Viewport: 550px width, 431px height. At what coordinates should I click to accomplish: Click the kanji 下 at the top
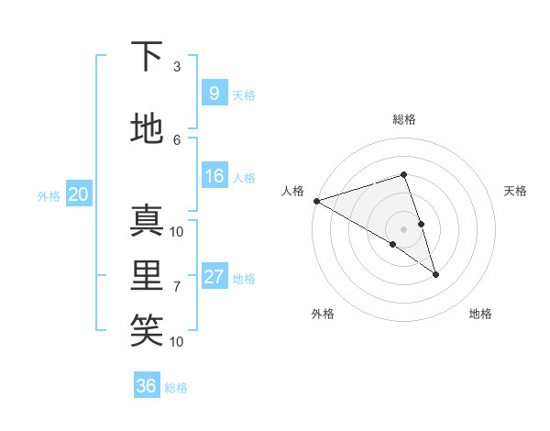[147, 57]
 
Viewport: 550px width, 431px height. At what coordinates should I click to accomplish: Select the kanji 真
[147, 220]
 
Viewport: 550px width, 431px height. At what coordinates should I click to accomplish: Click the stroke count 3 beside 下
[177, 67]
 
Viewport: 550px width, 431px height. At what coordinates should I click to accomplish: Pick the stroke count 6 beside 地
[177, 140]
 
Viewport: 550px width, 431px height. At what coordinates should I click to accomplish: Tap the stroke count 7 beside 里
[177, 286]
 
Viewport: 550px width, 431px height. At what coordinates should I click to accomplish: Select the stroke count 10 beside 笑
[177, 341]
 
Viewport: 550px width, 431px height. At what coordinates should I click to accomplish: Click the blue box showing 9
[214, 93]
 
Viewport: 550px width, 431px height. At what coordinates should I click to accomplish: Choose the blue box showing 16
[214, 176]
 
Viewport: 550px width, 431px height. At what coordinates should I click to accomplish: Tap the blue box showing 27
[214, 277]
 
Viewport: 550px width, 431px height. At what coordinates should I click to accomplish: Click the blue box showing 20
[78, 193]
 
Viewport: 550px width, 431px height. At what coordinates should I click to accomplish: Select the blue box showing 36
[146, 386]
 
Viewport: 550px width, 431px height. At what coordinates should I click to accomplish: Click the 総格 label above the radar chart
[403, 119]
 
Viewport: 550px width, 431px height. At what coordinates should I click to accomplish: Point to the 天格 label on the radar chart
[515, 191]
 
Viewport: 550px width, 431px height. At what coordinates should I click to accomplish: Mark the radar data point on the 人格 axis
[316, 200]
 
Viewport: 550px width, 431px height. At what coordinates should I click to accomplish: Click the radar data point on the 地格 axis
[435, 274]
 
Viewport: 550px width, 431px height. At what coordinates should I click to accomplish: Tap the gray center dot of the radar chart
[403, 228]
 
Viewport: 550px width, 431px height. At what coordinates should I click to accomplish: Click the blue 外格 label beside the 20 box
[49, 195]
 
